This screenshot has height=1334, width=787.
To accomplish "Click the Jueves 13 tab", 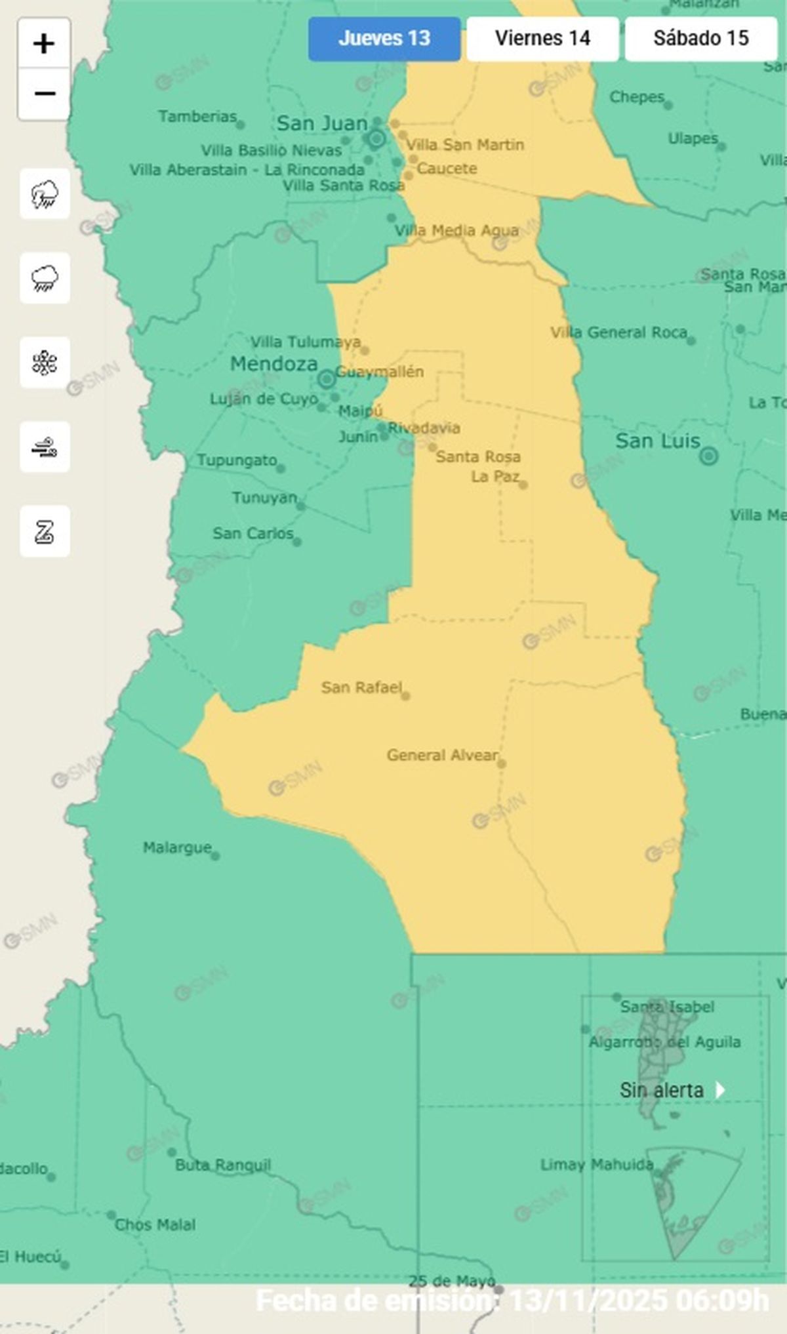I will [x=384, y=39].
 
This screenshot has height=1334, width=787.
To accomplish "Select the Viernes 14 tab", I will [x=542, y=39].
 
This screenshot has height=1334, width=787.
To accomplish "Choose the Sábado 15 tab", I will [x=700, y=39].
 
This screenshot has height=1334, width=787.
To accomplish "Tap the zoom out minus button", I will [x=44, y=94].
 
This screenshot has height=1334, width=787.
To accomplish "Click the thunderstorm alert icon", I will [x=45, y=194].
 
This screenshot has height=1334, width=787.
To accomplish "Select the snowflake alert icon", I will [x=45, y=363].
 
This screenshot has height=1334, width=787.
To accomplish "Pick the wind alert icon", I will [x=45, y=447].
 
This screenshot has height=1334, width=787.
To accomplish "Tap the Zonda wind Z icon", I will [x=45, y=531].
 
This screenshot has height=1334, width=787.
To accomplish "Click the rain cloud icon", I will [x=45, y=278].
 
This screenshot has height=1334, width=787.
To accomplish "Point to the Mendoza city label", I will [x=273, y=364].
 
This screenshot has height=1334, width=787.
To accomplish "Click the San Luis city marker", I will [x=708, y=456].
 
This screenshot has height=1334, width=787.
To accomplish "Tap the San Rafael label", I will [x=361, y=687].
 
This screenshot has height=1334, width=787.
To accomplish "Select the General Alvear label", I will [x=443, y=755].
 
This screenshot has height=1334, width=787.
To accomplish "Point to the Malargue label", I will [x=177, y=848].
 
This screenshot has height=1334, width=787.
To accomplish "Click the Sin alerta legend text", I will [x=661, y=1090].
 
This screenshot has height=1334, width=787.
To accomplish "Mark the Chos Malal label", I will [x=155, y=1224].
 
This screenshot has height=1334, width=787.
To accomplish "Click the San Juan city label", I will [x=321, y=123].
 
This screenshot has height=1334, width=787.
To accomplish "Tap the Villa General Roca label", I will [x=618, y=333].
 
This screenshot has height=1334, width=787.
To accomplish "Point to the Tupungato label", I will [x=237, y=460].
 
